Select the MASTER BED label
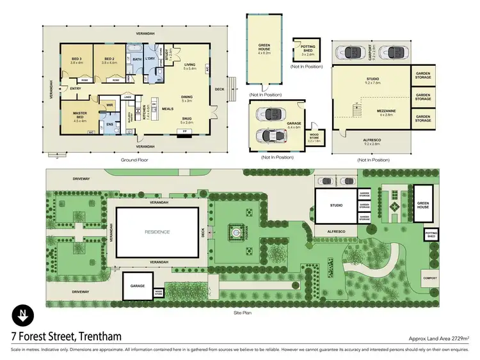click(79, 114)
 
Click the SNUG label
click(188, 120)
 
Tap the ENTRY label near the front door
click(76, 88)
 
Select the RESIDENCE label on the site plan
click(157, 232)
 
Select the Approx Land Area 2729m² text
click(440, 338)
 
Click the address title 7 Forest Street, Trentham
click(66, 336)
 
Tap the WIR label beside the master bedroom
click(109, 105)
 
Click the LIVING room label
click(189, 65)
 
